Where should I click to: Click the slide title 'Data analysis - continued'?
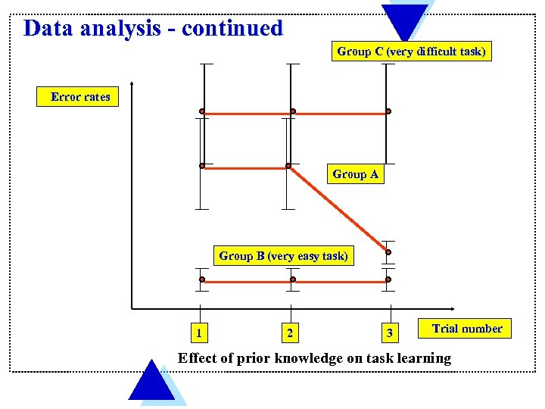pyautogui.click(x=153, y=29)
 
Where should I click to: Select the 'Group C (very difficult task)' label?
pyautogui.click(x=411, y=52)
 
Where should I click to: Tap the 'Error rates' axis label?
pyautogui.click(x=80, y=97)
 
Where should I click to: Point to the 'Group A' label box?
pyautogui.click(x=355, y=174)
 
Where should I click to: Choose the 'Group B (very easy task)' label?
pyautogui.click(x=284, y=256)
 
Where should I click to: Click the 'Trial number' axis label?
pyautogui.click(x=467, y=329)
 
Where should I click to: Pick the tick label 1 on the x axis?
pyautogui.click(x=198, y=332)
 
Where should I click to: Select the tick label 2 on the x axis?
pyautogui.click(x=288, y=332)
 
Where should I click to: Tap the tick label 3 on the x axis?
pyautogui.click(x=389, y=332)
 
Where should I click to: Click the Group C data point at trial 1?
pyautogui.click(x=202, y=111)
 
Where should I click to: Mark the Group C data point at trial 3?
pyautogui.click(x=388, y=111)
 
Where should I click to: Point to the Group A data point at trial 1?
pyautogui.click(x=202, y=165)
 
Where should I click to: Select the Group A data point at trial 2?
pyautogui.click(x=288, y=165)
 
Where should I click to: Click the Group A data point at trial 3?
pyautogui.click(x=388, y=252)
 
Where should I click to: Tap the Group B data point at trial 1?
pyautogui.click(x=202, y=279)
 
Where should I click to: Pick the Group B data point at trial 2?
pyautogui.click(x=293, y=279)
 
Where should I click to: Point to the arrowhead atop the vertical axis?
pyautogui.click(x=132, y=83)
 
